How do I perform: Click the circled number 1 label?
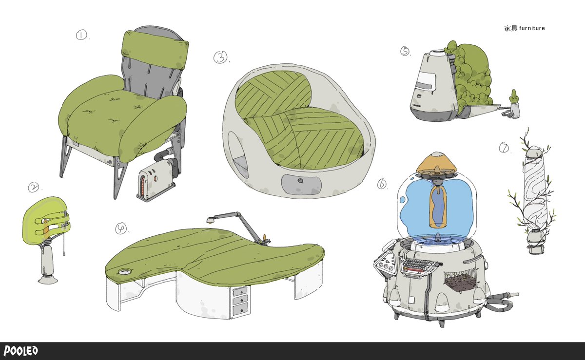click(81, 35)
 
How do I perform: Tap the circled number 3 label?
click(220, 57)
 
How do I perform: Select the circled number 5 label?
click(405, 51)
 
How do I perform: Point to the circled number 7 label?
click(504, 148)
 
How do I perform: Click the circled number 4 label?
click(121, 228)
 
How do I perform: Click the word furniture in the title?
click(532, 28)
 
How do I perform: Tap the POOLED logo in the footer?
click(21, 351)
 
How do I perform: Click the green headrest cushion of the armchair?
click(155, 50)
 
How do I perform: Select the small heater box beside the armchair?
click(156, 180)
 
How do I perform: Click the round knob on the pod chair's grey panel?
click(301, 181)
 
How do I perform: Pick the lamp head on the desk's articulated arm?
click(210, 220)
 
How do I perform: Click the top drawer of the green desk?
click(239, 291)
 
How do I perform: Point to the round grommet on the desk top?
click(123, 271)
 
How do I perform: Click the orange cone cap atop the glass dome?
click(437, 163)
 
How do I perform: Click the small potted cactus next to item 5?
click(514, 104)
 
